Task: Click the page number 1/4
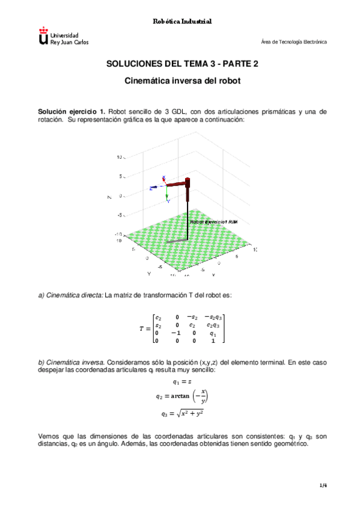click(x=322, y=485)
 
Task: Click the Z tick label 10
click(x=119, y=157)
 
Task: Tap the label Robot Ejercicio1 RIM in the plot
click(x=213, y=222)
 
